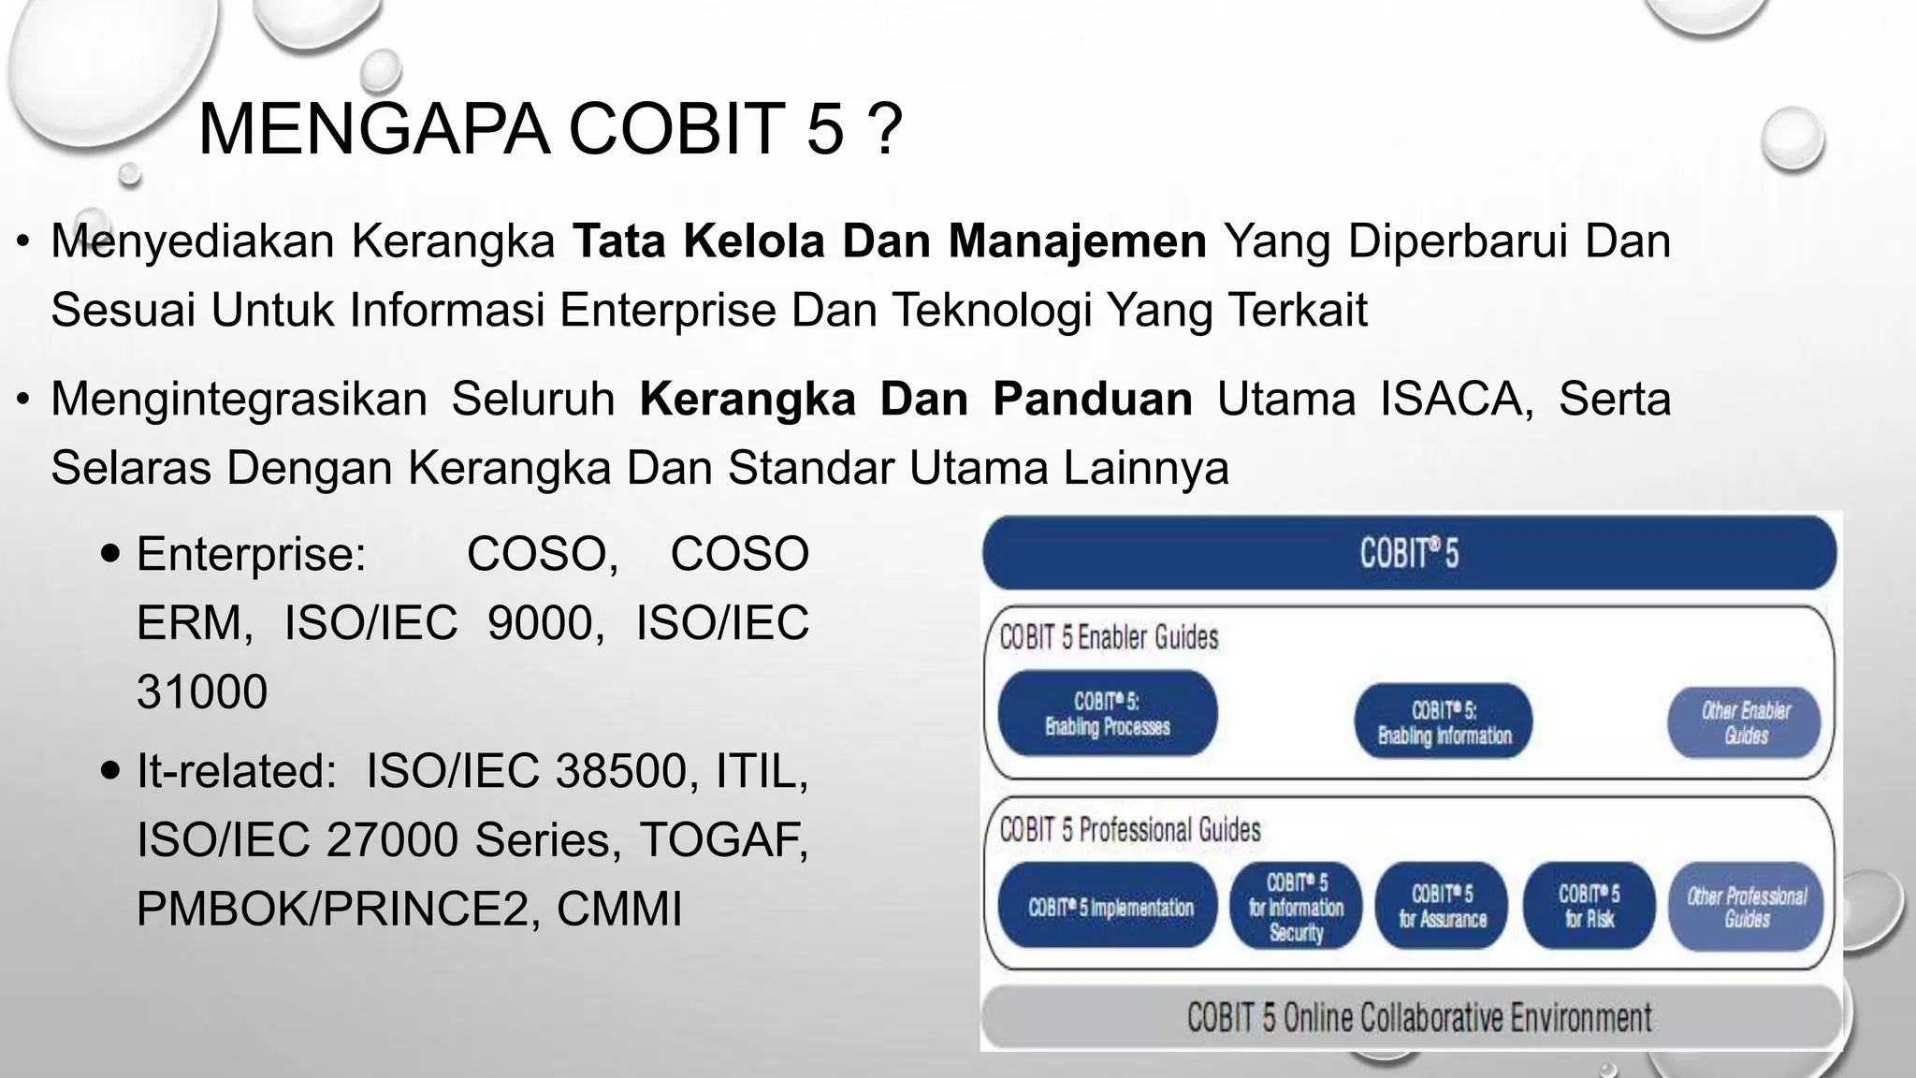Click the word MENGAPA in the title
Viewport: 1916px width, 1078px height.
point(373,129)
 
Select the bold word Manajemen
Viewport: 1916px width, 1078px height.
point(1078,241)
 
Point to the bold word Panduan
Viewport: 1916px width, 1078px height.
point(1092,400)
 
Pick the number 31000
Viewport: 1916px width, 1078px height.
point(202,692)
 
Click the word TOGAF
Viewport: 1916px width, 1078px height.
point(723,839)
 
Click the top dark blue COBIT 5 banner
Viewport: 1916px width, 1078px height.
point(1409,553)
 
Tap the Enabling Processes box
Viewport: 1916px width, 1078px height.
point(1108,714)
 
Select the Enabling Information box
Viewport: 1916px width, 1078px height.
point(1444,722)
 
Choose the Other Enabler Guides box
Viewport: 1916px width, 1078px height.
point(1745,722)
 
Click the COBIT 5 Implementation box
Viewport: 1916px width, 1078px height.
point(1110,907)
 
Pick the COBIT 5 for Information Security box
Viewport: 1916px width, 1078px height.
point(1296,907)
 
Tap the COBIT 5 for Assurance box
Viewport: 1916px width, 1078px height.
point(1443,907)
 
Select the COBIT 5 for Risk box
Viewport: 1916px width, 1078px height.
point(1589,907)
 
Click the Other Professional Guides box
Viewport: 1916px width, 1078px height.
point(1746,907)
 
